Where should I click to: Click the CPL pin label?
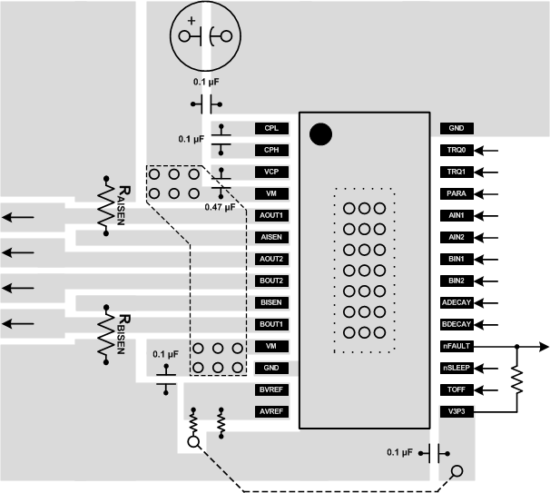point(271,129)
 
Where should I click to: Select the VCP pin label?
point(271,172)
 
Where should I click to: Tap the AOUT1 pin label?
point(271,215)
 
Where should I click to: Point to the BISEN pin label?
point(271,302)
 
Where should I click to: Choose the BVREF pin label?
point(271,389)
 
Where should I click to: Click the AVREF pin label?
point(271,411)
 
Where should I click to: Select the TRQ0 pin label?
point(457,151)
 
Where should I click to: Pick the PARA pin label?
point(457,193)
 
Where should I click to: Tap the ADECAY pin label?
point(457,302)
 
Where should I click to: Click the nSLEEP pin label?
point(457,368)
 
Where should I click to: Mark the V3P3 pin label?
point(457,411)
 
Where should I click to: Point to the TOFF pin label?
point(457,389)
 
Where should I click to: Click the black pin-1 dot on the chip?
point(320,134)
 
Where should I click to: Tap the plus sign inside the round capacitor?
point(191,20)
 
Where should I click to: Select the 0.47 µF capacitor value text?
point(220,207)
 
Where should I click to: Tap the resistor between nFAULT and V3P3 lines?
point(516,380)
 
